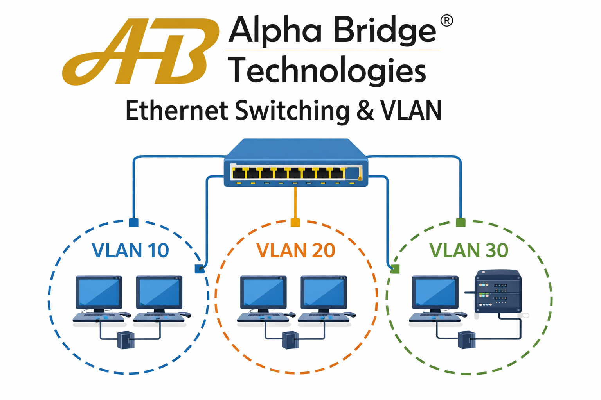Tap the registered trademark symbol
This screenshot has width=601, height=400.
click(x=446, y=21)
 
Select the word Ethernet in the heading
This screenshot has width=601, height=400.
click(x=176, y=111)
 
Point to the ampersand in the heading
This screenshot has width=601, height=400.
click(x=365, y=111)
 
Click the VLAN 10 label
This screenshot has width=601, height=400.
click(x=130, y=250)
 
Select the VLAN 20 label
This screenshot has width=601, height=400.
click(x=296, y=250)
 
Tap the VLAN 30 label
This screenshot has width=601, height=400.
click(x=469, y=250)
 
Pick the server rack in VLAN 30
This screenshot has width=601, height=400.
click(x=498, y=291)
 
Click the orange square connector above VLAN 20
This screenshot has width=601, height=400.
click(x=295, y=223)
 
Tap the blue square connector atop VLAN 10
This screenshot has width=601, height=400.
click(x=133, y=223)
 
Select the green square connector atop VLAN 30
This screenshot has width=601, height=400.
click(x=461, y=223)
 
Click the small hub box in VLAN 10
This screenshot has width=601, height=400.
click(x=126, y=340)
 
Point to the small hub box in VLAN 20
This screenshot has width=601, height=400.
click(x=290, y=340)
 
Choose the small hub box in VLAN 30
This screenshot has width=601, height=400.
click(x=466, y=340)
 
